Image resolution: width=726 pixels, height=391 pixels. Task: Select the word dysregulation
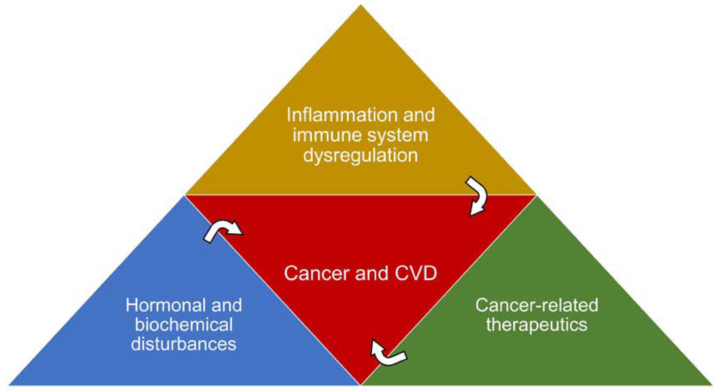coord(360,155)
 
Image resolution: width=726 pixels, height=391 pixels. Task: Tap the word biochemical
coord(184,324)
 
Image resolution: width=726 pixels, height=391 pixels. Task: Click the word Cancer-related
coord(537,305)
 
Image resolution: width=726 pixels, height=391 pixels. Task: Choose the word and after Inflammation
coord(419,115)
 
